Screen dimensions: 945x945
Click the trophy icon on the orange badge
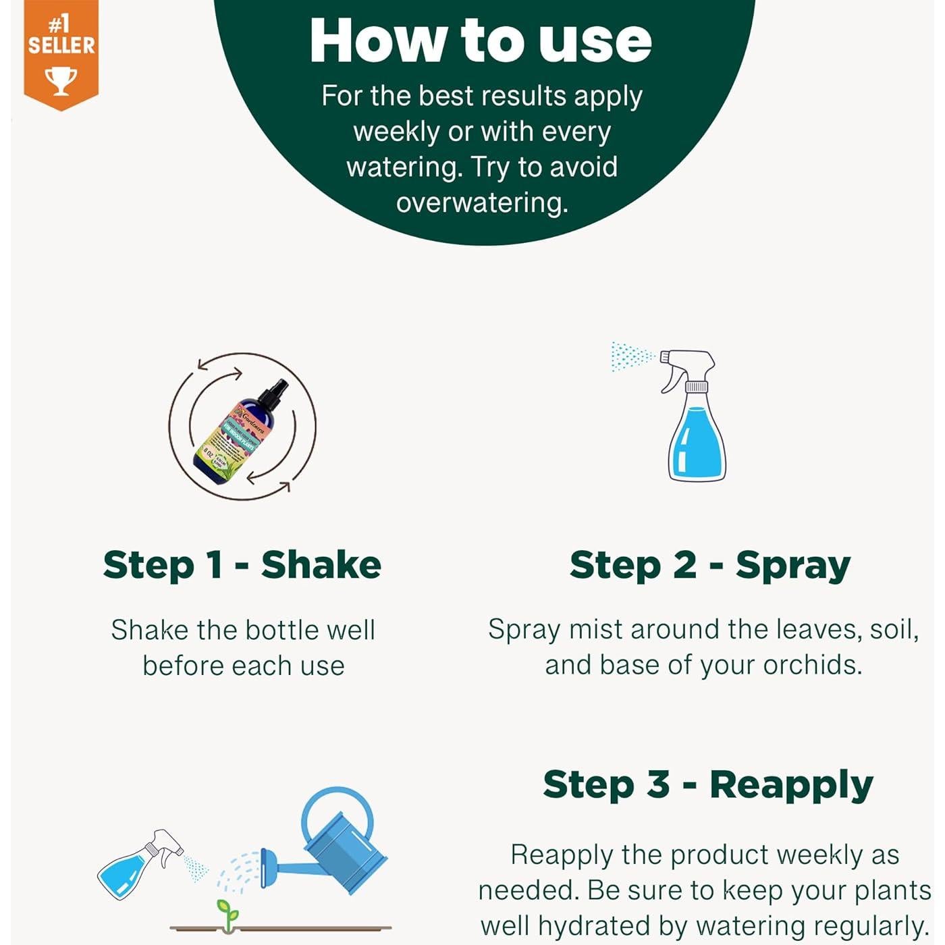click(x=61, y=80)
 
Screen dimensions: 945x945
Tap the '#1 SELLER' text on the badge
click(x=61, y=36)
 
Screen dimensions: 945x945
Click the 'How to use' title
click(x=481, y=40)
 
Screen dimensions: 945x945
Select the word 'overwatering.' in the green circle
click(x=482, y=202)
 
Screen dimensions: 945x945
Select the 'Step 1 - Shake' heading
click(x=242, y=565)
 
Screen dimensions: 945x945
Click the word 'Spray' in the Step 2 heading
click(x=793, y=565)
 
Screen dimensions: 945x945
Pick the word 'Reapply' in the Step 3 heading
click(x=791, y=784)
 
